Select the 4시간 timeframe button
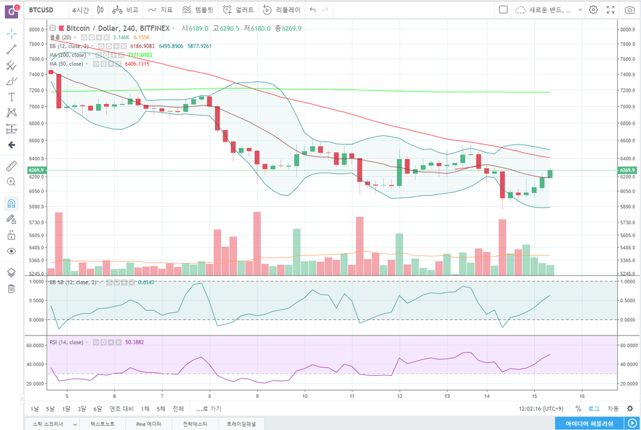[x=81, y=10]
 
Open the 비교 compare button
[x=126, y=10]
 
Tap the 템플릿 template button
[x=198, y=10]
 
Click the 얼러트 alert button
[x=238, y=10]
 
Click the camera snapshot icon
[x=629, y=10]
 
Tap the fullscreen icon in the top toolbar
[x=610, y=10]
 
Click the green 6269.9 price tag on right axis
[x=628, y=170]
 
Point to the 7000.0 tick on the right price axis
[x=628, y=107]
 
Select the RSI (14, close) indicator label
[x=66, y=342]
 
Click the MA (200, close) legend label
[x=68, y=55]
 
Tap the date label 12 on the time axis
[x=399, y=396]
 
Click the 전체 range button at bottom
[x=178, y=409]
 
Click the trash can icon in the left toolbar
[x=12, y=288]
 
